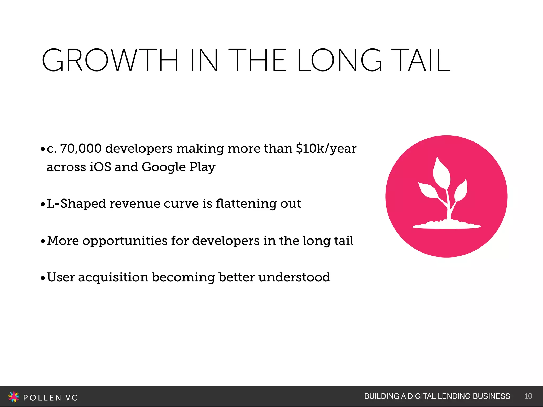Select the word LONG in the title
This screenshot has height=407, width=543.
[x=339, y=60]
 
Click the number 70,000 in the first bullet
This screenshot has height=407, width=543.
[x=81, y=148]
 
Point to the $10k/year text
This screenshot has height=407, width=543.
[x=326, y=148]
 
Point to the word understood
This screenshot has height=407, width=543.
[x=294, y=277]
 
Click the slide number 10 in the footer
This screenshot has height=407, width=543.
[x=528, y=396]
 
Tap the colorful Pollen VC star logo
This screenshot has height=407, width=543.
[x=14, y=397]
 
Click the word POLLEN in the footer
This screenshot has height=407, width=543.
[x=42, y=398]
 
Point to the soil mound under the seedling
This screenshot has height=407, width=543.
[x=446, y=225]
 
